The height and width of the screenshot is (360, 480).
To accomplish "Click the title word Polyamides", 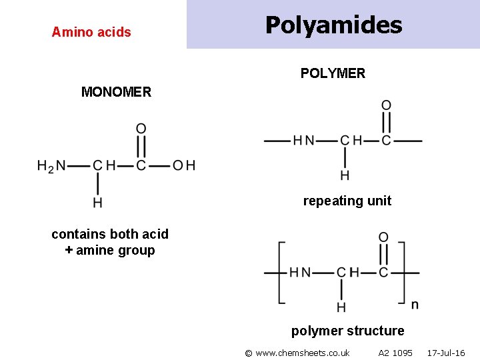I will (x=333, y=25).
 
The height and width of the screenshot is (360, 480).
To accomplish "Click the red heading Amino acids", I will (x=91, y=32).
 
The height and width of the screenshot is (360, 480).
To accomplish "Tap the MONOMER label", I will (x=116, y=92).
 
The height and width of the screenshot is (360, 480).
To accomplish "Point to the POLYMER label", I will (x=333, y=73).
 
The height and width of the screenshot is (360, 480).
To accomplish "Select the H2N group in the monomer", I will (x=51, y=166).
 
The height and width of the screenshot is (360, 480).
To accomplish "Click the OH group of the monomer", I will (x=184, y=165).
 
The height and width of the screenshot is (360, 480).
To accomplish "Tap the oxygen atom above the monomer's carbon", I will (x=141, y=129).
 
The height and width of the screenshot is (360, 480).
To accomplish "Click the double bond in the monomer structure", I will (x=141, y=147).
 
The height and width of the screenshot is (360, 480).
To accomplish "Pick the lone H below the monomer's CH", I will (x=98, y=202).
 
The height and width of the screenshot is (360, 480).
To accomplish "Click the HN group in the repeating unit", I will (x=303, y=141).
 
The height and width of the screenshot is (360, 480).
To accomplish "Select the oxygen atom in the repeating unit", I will (x=386, y=105).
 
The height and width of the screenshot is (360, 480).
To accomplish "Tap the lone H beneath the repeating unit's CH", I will (x=345, y=176).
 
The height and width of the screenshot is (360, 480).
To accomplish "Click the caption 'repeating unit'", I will (x=347, y=201).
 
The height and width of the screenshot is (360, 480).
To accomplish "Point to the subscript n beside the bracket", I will (x=415, y=305).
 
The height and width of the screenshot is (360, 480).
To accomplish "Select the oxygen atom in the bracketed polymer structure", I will (x=383, y=238).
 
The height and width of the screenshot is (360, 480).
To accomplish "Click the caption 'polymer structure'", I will (x=347, y=331).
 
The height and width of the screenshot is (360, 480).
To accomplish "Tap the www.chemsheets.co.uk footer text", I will (x=297, y=353).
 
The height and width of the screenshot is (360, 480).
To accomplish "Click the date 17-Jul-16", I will (x=446, y=353).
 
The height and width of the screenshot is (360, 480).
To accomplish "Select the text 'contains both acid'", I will (x=110, y=234).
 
